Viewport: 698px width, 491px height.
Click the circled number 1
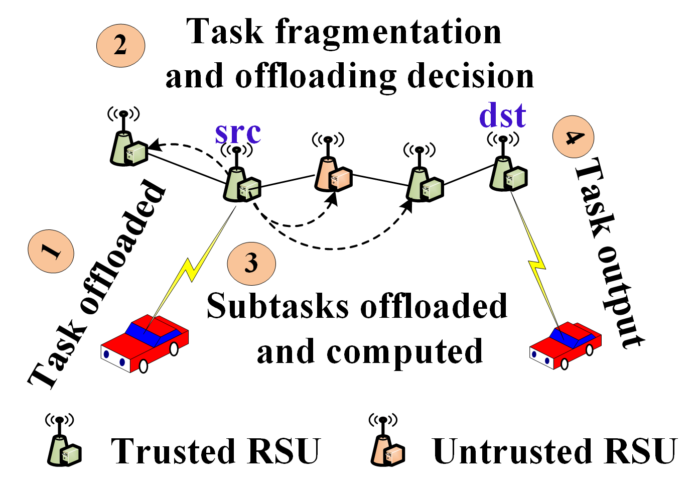(51, 251)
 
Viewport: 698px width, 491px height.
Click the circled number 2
(120, 45)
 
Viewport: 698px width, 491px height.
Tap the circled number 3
(251, 264)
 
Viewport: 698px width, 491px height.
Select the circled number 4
(573, 137)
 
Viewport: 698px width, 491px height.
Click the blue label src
(238, 132)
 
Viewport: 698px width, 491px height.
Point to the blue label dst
(502, 116)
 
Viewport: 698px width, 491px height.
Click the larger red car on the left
(145, 344)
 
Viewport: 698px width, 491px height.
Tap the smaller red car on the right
(566, 345)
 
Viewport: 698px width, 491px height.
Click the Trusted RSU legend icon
(64, 445)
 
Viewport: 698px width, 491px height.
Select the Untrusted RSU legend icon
(387, 445)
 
